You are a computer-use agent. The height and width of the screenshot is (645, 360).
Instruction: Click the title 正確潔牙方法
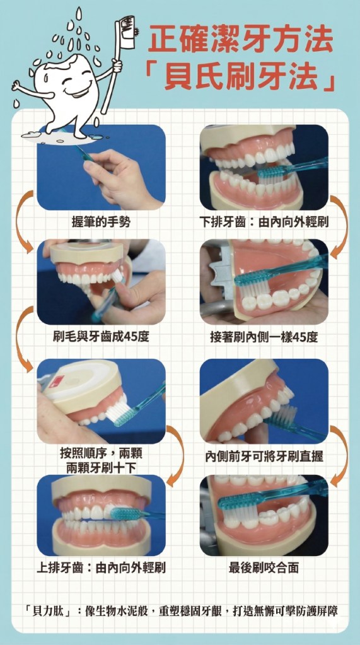(241, 40)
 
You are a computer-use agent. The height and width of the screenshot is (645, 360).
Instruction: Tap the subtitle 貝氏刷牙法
(242, 77)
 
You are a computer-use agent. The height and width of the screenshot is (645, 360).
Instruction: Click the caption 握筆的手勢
(101, 223)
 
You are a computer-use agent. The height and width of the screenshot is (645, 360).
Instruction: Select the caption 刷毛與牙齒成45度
(102, 338)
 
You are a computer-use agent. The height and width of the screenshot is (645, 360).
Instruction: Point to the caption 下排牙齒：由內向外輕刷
(264, 223)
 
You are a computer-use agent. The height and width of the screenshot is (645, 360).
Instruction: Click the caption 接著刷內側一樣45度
(264, 338)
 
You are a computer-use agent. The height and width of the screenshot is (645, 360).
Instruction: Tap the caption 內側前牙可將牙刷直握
(264, 456)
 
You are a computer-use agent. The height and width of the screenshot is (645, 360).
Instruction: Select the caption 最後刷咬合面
(264, 568)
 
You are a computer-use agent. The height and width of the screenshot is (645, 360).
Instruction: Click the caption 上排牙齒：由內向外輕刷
(102, 568)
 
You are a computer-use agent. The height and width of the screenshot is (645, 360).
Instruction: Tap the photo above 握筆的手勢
(102, 167)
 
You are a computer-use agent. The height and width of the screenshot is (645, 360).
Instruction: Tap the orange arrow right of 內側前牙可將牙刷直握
(339, 456)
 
